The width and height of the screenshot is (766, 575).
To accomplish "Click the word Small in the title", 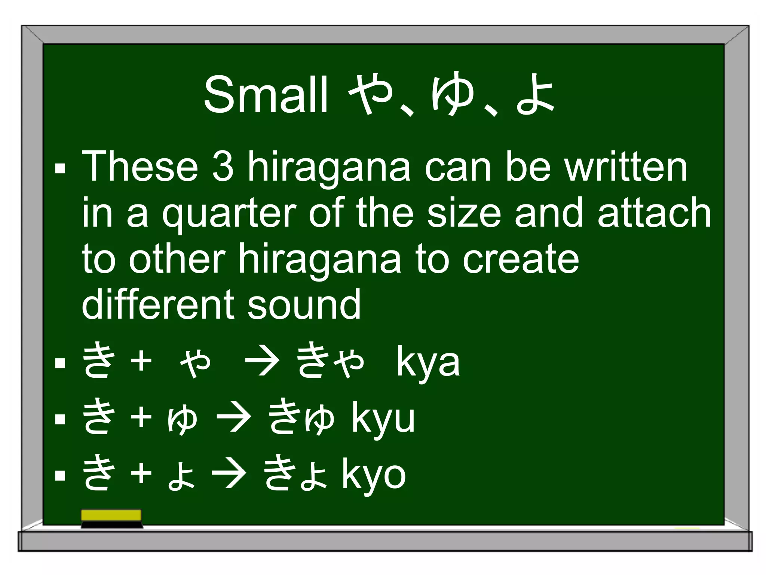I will [x=266, y=94].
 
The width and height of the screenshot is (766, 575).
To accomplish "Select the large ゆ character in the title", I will [x=453, y=94].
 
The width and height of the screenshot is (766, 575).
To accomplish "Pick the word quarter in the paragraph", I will [x=229, y=213].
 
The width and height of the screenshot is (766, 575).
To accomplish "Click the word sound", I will [x=304, y=305].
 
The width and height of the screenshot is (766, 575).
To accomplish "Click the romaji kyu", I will [x=383, y=419].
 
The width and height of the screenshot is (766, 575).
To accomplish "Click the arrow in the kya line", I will [x=262, y=361].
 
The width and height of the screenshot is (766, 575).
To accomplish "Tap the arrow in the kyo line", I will [x=229, y=474].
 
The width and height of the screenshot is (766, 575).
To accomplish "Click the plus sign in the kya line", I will [x=141, y=361].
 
